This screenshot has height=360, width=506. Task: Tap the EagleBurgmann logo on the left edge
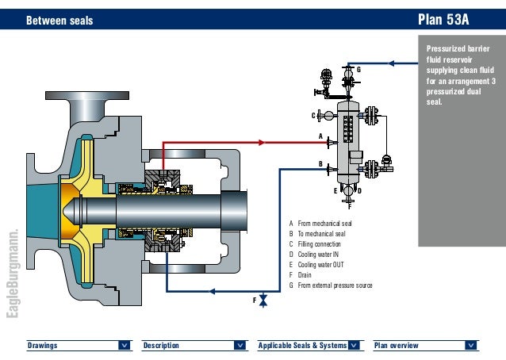(x=12, y=274)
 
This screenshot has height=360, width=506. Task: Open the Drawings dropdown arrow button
(x=125, y=345)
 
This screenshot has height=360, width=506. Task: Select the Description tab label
(x=161, y=346)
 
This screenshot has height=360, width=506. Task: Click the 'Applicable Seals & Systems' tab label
(x=303, y=346)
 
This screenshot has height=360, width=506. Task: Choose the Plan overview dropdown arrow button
(x=471, y=345)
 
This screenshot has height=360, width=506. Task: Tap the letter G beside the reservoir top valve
(x=358, y=71)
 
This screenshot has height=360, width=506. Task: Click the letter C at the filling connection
(x=314, y=116)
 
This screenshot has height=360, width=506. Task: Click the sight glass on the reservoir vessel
(x=347, y=130)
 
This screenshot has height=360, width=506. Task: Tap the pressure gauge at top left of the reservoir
(x=324, y=77)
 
